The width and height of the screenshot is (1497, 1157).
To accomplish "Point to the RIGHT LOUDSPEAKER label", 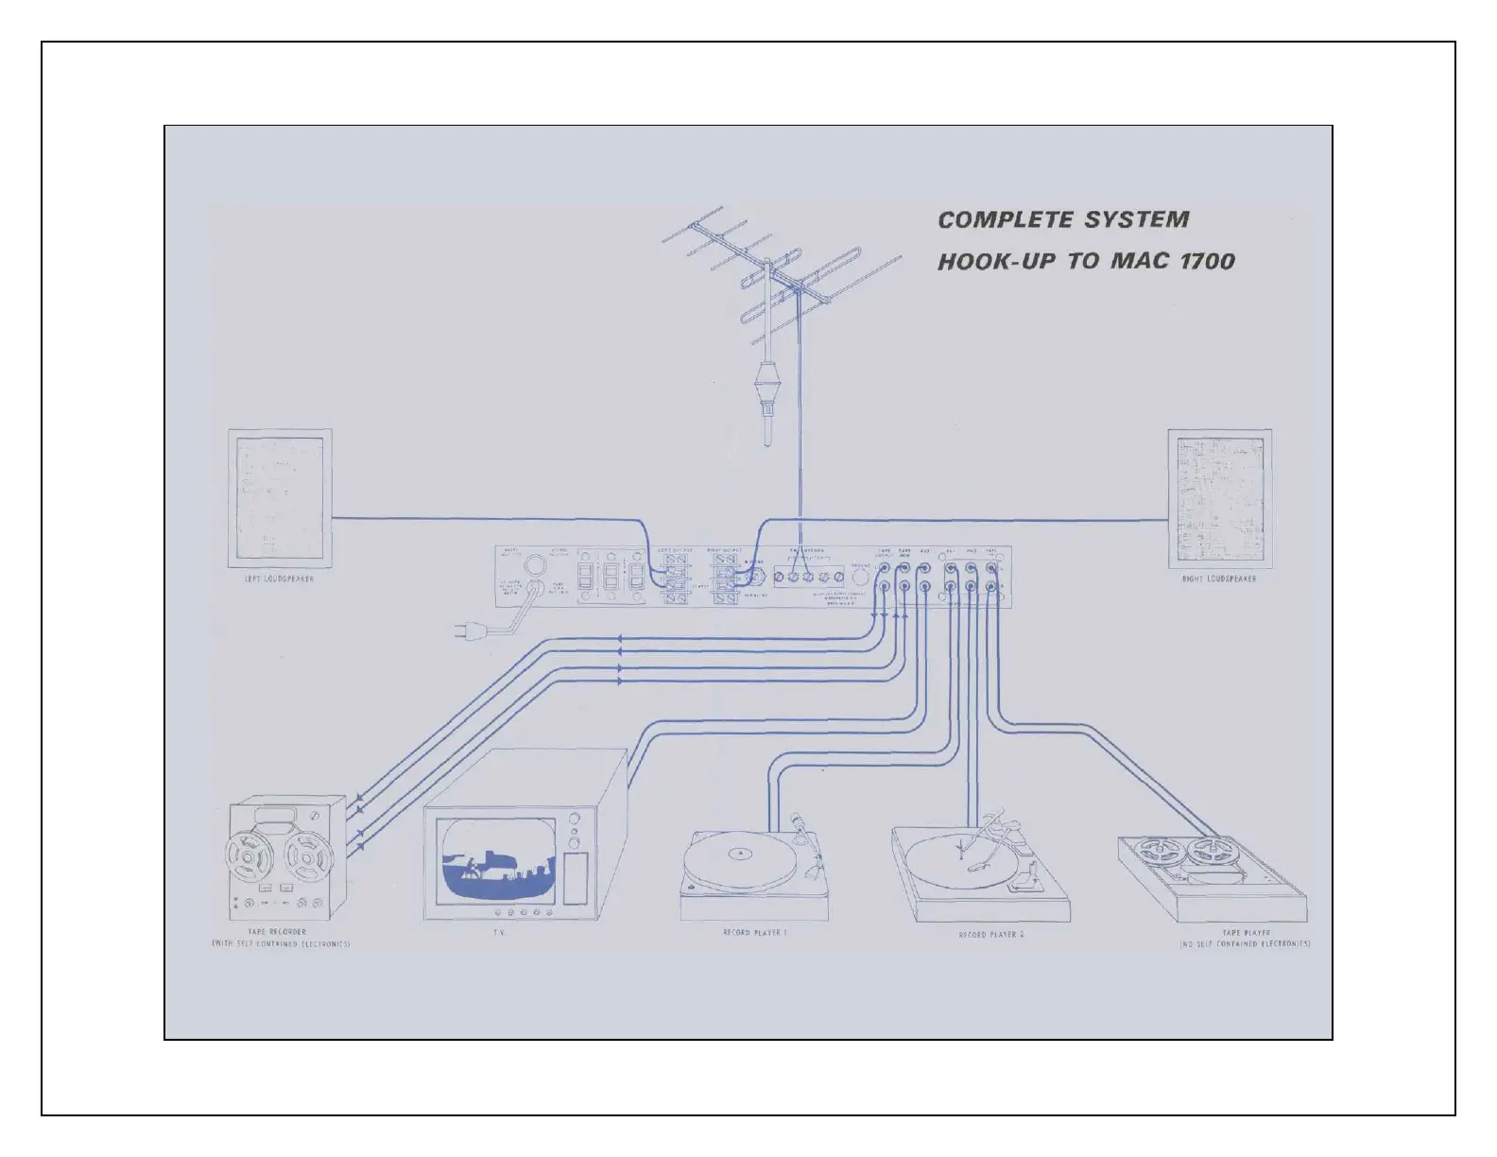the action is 1218,578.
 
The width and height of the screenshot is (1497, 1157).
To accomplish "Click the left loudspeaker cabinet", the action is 280,497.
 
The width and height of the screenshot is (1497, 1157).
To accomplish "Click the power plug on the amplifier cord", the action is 470,630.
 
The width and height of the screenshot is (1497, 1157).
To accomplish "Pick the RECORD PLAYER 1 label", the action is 754,933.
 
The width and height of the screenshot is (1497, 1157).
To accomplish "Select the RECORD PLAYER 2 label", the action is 991,935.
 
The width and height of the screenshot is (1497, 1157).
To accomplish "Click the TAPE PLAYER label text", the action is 1245,933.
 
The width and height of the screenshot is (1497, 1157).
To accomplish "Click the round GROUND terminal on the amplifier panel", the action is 860,576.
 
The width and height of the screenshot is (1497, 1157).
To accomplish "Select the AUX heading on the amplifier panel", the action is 925,550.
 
